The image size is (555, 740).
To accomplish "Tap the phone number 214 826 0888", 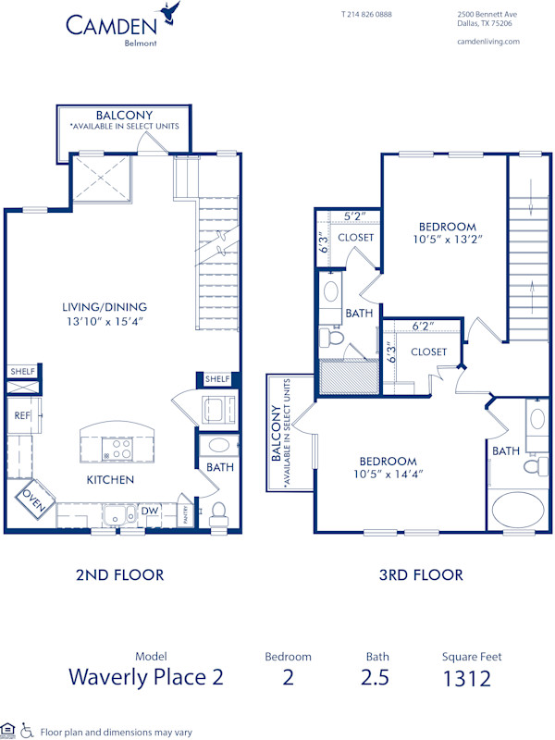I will coord(366,15).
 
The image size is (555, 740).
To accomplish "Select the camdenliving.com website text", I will coord(488,41).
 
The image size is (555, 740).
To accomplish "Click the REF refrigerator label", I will coord(22,416).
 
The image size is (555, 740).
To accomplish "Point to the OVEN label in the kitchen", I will coord(31,500).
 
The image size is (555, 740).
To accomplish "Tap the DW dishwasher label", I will coord(149,511).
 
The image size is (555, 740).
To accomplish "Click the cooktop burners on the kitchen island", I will coord(119,450).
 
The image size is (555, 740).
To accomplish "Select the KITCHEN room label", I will coord(111,480).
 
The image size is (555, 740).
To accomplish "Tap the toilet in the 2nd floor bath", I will coord(219,511).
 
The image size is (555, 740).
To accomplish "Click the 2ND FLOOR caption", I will coord(120,575).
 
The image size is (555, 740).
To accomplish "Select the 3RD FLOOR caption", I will coord(421,575).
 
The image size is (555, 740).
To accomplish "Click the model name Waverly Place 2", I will coord(145,677).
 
